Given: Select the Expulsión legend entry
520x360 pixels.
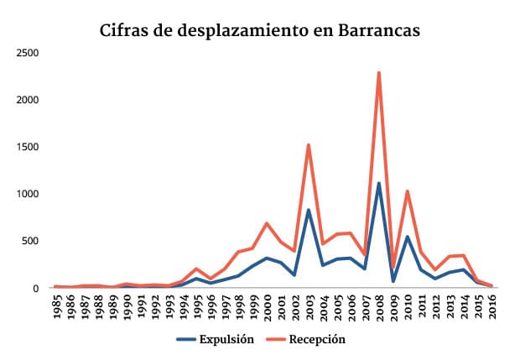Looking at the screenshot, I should (222, 339).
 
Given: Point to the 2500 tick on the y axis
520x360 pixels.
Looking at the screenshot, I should (28, 53).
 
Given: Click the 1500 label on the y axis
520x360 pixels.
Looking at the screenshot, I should (28, 147).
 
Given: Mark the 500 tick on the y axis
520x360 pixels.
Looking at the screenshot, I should (31, 241).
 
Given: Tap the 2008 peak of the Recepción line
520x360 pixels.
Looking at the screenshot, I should (379, 73).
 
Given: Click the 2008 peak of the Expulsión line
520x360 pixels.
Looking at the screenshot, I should (379, 183).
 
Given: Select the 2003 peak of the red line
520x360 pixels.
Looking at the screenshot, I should (309, 145).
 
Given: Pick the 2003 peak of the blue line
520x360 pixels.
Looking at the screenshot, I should (309, 210).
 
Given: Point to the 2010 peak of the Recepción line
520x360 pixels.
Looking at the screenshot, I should (407, 191).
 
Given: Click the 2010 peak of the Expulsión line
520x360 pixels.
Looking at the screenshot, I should (407, 237).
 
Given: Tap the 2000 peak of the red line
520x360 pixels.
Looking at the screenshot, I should (267, 223).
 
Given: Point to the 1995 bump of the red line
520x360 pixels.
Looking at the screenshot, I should (196, 269).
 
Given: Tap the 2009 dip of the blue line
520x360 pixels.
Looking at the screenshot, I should (393, 281).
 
